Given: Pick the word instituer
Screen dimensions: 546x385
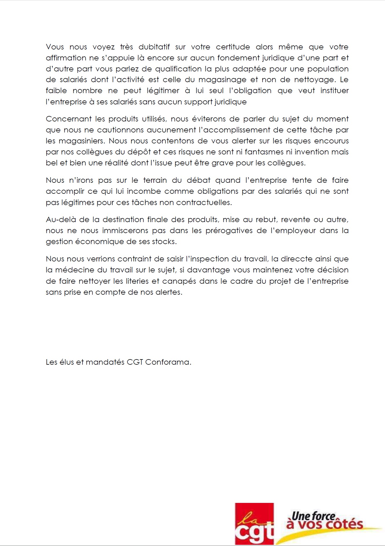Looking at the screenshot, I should click(x=334, y=91).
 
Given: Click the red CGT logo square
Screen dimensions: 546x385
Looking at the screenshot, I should click(x=254, y=523).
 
